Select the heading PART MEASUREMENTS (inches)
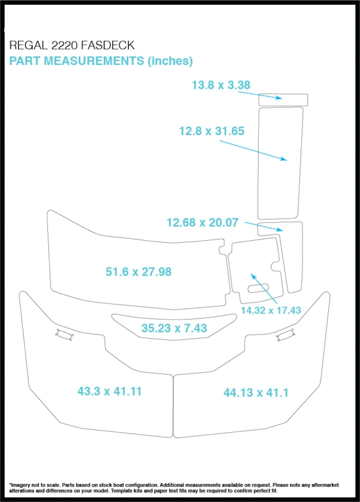(x=101, y=61)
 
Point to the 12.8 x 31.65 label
(x=212, y=130)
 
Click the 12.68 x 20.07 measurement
(x=202, y=223)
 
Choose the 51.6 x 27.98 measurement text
(x=139, y=272)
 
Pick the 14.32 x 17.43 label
(x=271, y=310)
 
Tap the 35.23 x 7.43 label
(x=174, y=328)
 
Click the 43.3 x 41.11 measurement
(x=109, y=392)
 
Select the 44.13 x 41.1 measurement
(x=256, y=393)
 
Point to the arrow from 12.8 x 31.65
(x=253, y=150)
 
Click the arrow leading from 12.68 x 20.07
(x=270, y=228)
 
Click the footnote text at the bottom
(x=179, y=487)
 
